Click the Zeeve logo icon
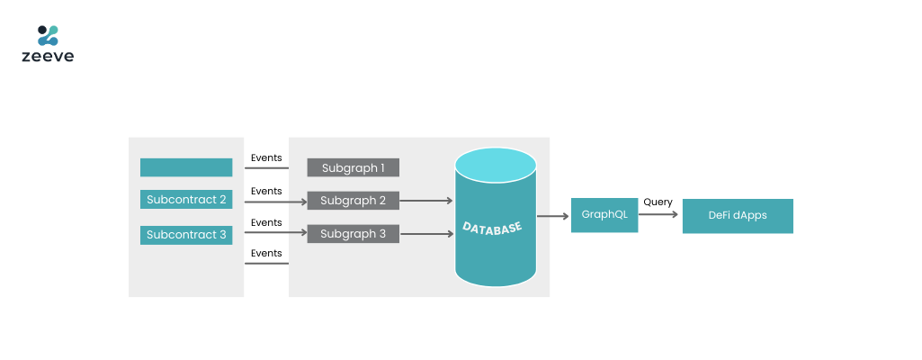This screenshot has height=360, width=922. coord(48,35)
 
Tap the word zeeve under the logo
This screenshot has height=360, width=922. coord(48,57)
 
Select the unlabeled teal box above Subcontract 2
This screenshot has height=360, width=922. coord(186,167)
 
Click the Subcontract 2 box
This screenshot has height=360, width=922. coord(186,200)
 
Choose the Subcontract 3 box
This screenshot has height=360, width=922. coord(186,235)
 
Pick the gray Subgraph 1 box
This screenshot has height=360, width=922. coord(354,167)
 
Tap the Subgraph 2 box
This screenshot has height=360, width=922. coord(354,201)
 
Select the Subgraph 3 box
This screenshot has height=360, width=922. coord(354,233)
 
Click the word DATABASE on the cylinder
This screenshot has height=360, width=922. coord(492,227)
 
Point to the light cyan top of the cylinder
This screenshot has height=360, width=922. coord(496,165)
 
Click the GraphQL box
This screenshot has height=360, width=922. coord(604,215)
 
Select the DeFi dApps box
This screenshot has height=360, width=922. coord(738,216)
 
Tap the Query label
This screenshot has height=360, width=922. coord(658,202)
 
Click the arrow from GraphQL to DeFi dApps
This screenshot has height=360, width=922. coord(658,215)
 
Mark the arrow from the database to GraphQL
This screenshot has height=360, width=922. coord(552,217)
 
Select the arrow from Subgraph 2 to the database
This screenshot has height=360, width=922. coord(426,201)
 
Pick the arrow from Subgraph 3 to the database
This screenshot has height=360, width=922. coord(426,234)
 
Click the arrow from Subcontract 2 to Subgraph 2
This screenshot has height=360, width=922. coord(276,202)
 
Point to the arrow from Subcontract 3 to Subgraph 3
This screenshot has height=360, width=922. coord(276,233)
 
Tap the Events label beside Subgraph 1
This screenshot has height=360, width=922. coord(266,157)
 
